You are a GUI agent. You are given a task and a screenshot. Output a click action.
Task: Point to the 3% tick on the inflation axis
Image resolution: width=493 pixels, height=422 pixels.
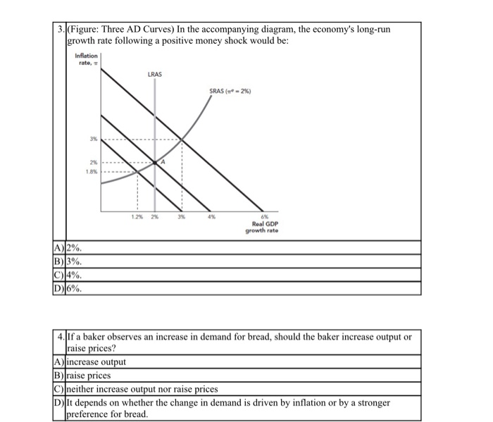coord(92,139)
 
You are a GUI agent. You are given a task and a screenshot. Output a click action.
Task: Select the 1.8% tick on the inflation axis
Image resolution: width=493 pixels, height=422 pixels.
coord(90,170)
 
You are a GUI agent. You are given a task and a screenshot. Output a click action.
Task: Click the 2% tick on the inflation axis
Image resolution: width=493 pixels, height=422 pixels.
coord(92,161)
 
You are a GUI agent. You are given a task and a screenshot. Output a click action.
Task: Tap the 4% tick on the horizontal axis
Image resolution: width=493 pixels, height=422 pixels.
coord(211,217)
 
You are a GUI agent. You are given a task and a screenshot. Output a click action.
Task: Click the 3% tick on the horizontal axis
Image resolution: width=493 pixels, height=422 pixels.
coord(181,217)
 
